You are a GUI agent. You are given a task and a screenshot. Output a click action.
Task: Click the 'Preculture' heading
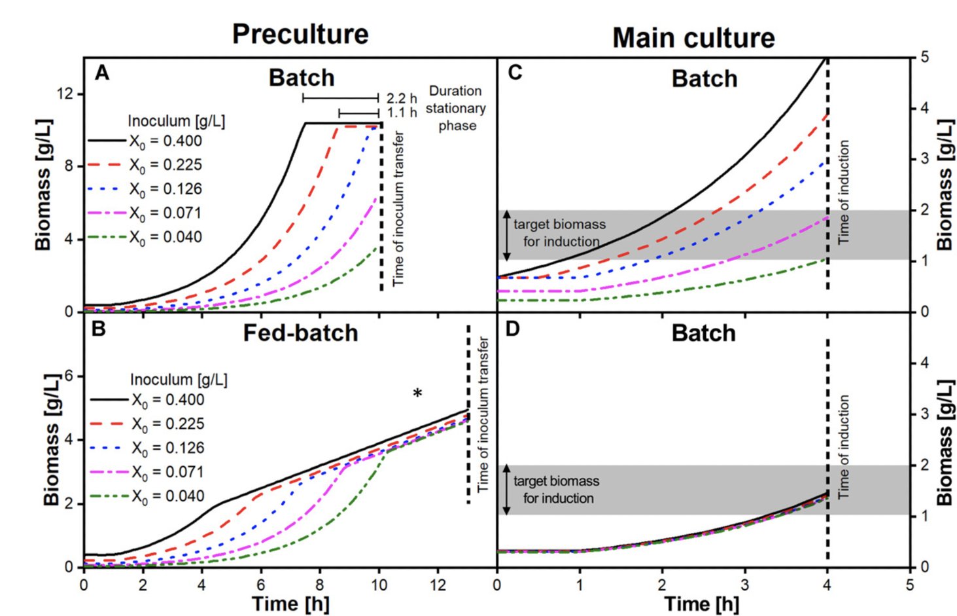click(300, 34)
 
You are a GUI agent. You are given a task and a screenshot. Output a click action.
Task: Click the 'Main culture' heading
click(693, 38)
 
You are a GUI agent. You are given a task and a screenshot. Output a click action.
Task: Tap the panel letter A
click(101, 73)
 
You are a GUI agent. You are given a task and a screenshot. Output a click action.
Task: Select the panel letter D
click(512, 329)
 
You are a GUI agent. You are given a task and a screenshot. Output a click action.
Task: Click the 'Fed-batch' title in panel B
click(300, 333)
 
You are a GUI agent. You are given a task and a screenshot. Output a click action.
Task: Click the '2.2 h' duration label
click(401, 98)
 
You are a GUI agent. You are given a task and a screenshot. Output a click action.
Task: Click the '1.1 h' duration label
click(401, 113)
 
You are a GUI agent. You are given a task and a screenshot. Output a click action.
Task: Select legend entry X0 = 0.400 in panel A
click(165, 141)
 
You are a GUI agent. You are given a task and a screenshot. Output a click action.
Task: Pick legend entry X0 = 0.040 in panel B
click(167, 496)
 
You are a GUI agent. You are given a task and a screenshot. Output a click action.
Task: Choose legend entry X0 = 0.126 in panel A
click(165, 189)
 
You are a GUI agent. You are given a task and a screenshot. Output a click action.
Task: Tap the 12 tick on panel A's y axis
click(65, 94)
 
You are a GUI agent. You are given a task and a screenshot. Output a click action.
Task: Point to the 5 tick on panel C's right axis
click(924, 57)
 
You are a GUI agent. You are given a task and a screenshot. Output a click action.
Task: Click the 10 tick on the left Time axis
click(379, 585)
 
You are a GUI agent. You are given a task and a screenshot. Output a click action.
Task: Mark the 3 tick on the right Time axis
click(744, 585)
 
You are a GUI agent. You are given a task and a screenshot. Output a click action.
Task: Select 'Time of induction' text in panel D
click(844, 446)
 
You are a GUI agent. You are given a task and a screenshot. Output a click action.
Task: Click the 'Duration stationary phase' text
click(456, 108)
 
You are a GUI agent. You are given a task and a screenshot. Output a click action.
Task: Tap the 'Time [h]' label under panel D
click(701, 604)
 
